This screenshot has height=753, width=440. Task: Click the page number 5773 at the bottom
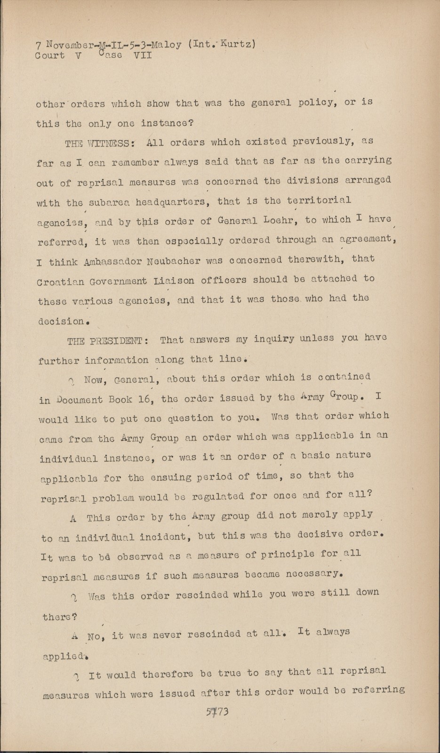point(217,712)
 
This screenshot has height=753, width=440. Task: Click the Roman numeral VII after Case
point(143,56)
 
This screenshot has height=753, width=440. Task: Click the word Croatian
point(60,282)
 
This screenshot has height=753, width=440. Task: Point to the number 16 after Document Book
point(144,400)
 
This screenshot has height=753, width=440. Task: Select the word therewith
point(334,259)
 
